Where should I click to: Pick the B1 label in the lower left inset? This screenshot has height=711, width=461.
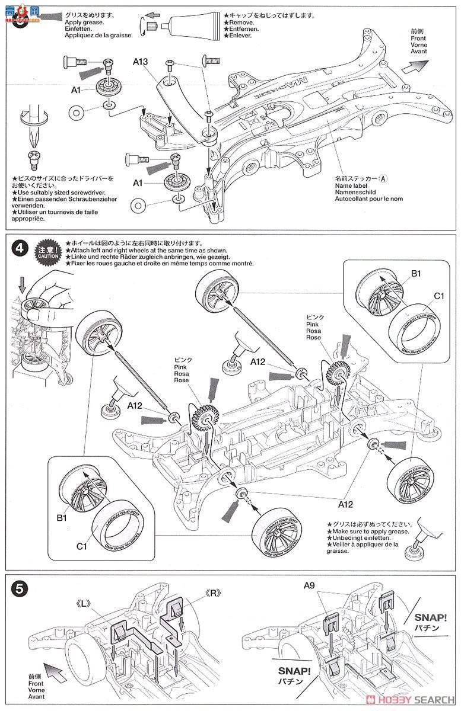click(61, 518)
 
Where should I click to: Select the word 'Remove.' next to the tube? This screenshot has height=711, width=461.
click(241, 23)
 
